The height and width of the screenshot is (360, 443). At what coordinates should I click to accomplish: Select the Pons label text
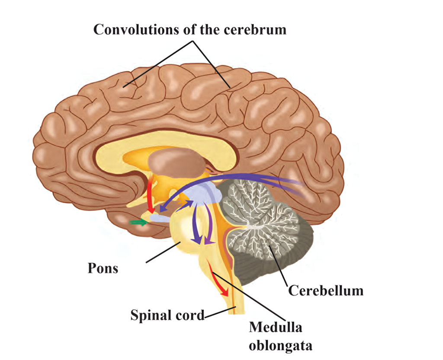103,268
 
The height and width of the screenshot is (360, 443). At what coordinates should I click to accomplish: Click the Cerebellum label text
326,290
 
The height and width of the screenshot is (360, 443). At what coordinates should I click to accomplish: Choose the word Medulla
275,328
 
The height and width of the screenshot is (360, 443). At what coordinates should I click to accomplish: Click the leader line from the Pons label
162,253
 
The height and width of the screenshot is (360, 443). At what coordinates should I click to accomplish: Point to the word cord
191,315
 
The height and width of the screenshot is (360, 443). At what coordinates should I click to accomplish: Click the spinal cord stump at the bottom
236,309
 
